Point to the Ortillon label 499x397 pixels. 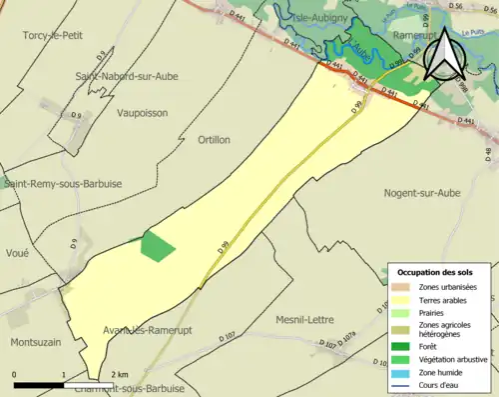click(215, 140)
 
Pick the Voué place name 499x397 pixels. click(17, 253)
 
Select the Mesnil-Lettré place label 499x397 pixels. click(307, 320)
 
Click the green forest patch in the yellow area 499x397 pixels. click(157, 246)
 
